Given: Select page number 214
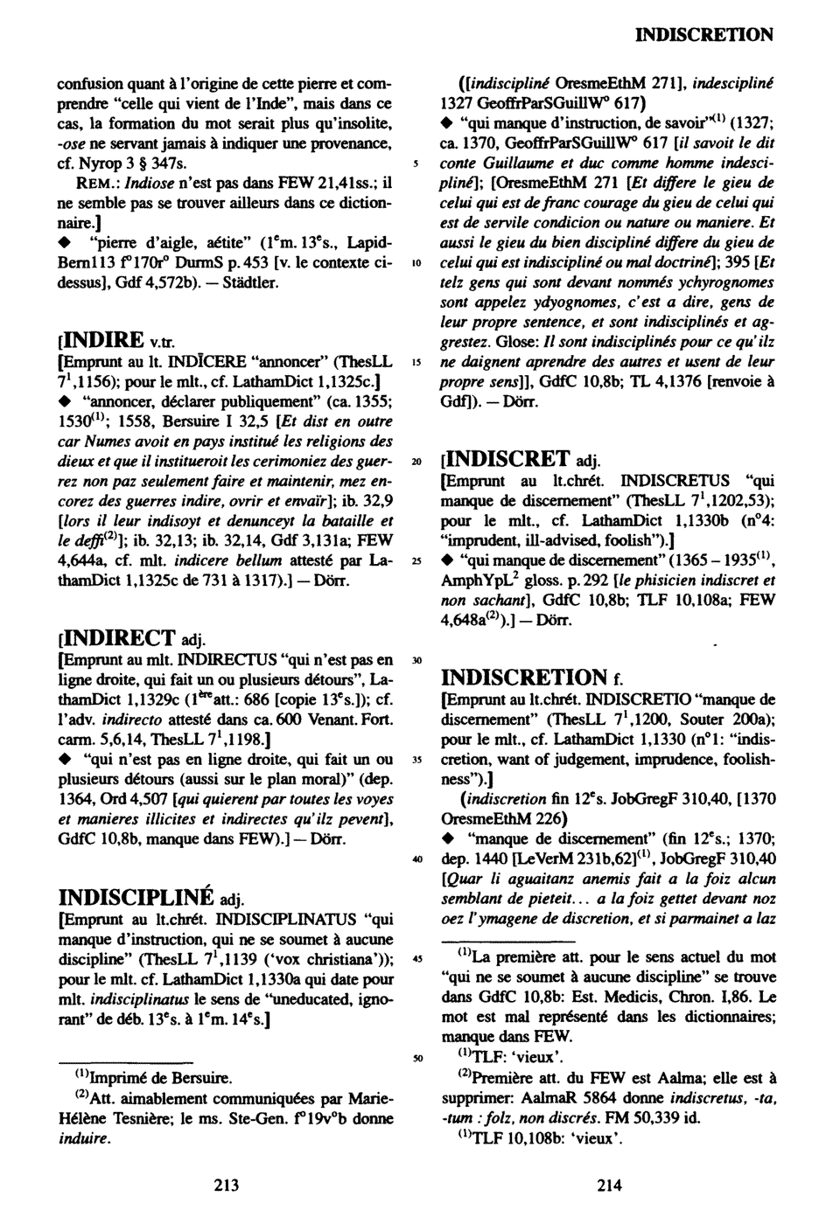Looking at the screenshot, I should [x=609, y=1186].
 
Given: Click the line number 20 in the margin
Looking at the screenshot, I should [x=419, y=460].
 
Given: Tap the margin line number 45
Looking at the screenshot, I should [x=419, y=956].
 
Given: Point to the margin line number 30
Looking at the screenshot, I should [x=419, y=661].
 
